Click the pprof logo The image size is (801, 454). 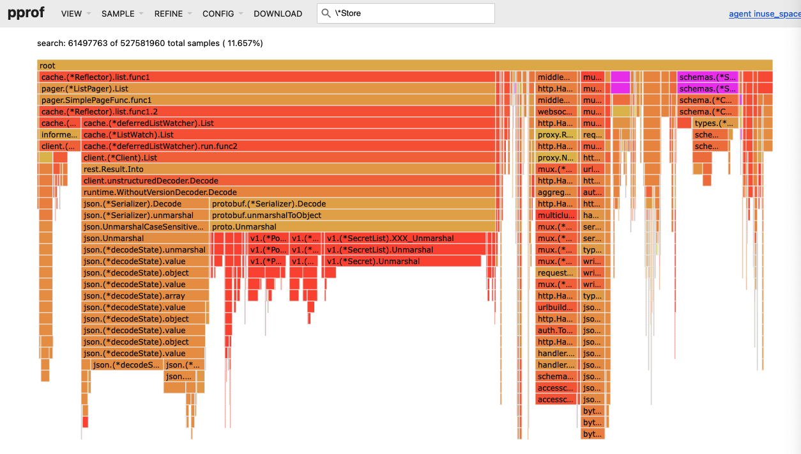pos(26,13)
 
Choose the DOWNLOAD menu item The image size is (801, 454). pos(278,13)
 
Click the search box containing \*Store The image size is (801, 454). pos(409,13)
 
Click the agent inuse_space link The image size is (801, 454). pos(764,13)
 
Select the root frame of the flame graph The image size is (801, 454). pos(404,65)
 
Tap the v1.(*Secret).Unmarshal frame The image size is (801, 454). pos(402,262)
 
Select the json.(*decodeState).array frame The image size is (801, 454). pos(145,296)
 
